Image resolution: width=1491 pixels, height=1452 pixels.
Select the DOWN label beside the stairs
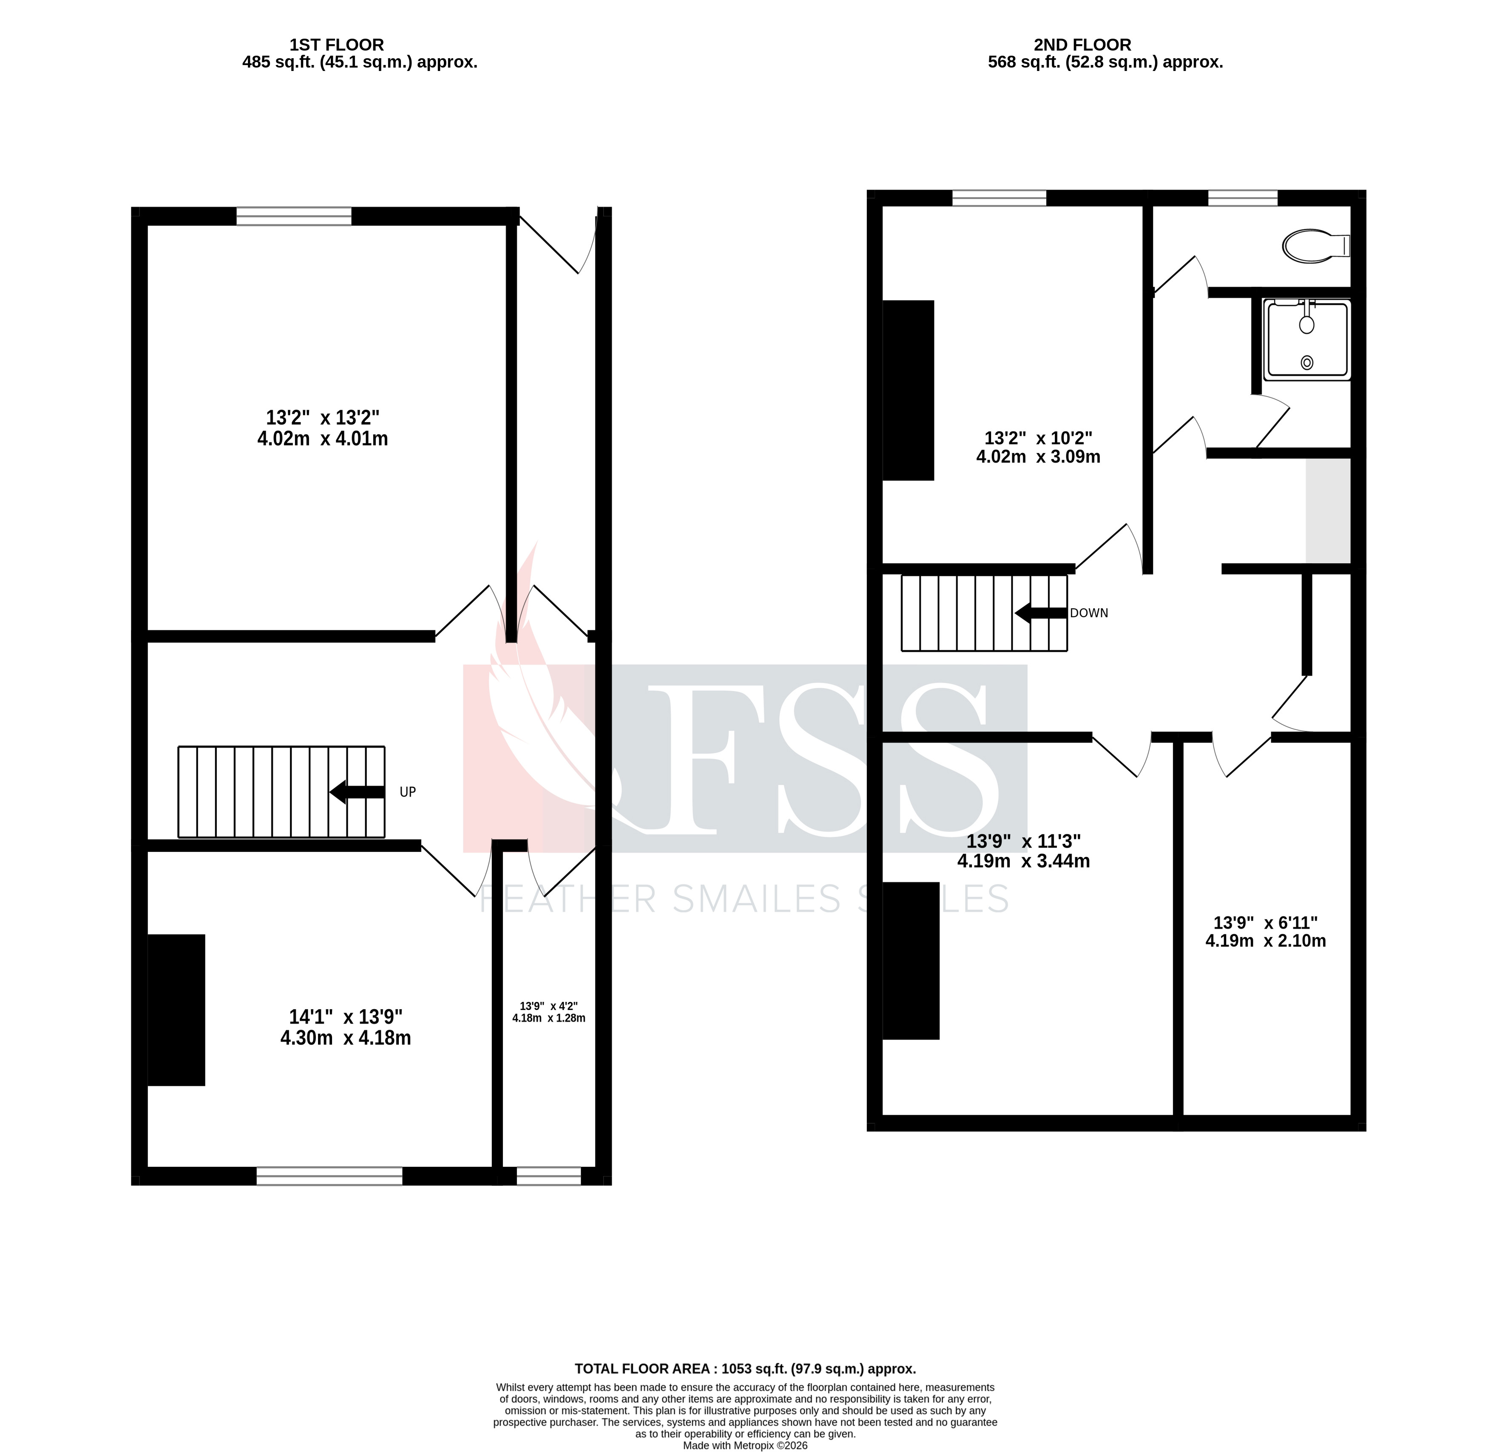coord(1088,613)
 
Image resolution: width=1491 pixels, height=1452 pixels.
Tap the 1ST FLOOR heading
coord(336,45)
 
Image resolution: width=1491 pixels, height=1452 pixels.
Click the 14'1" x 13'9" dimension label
coord(346,1017)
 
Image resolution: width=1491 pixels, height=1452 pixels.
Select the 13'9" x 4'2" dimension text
coord(548,1006)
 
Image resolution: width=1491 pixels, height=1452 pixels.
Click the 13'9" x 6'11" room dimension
coord(1265,923)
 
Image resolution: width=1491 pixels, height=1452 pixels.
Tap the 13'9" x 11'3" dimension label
coord(1023,841)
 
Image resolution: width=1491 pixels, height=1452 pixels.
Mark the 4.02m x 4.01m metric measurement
coord(323,439)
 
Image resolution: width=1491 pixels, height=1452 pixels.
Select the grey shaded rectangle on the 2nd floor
coord(1328,510)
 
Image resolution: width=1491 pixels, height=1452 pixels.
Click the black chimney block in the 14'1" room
coord(176,1010)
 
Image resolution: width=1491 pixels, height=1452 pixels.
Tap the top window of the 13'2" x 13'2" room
coord(294,217)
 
